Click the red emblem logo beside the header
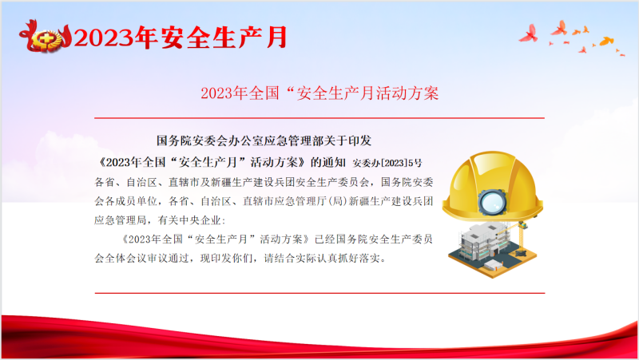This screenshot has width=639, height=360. pos(46,37)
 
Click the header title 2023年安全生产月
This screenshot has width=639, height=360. pos(181,38)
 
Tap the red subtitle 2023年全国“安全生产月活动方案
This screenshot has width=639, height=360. pos(319,93)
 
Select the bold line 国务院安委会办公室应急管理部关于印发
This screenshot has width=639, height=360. pos(264,141)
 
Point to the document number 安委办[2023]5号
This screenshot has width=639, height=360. pos(387,163)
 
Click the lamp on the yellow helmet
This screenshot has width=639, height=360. pos(492,202)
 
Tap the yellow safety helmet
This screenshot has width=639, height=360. pos(492,187)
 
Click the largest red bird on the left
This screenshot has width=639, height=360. pos(529,34)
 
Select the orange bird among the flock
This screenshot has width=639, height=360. pos(606,41)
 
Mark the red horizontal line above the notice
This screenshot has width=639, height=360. pos(319,118)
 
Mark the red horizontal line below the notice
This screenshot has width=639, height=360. pos(319,293)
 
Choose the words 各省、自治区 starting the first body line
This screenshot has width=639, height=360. pos(126,182)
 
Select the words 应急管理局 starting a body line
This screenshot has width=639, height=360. pos(121,220)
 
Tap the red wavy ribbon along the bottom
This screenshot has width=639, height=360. pos(319,337)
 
